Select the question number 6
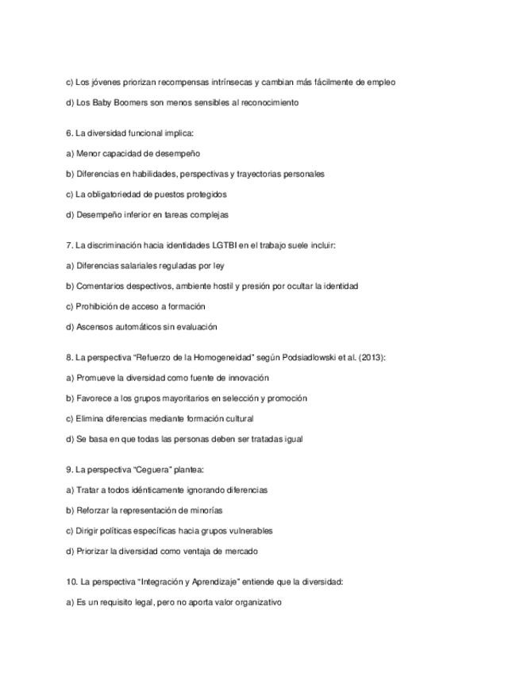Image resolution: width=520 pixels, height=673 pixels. coord(70,133)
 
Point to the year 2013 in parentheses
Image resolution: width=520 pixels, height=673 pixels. coord(370,357)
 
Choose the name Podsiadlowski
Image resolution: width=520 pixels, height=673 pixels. coord(304,357)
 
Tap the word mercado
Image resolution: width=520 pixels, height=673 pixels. coord(241,551)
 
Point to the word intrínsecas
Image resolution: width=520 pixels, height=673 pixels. coord(231,82)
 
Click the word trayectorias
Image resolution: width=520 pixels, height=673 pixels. coord(256,174)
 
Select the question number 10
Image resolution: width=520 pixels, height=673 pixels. coord(71,582)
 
